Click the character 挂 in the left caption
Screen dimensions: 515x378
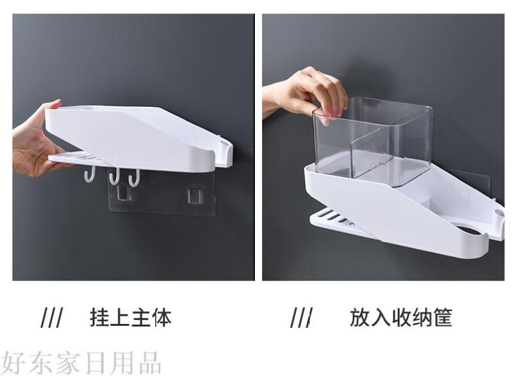(100, 317)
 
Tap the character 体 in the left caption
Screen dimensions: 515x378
(162, 317)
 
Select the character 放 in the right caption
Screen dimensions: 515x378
(360, 317)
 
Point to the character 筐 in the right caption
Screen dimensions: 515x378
(443, 317)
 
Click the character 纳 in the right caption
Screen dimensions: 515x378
(422, 317)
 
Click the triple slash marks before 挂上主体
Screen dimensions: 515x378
(51, 317)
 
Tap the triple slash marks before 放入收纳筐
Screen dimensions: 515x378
(301, 317)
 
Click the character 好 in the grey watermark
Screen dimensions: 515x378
(12, 363)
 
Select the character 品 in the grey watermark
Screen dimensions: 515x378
(150, 363)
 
